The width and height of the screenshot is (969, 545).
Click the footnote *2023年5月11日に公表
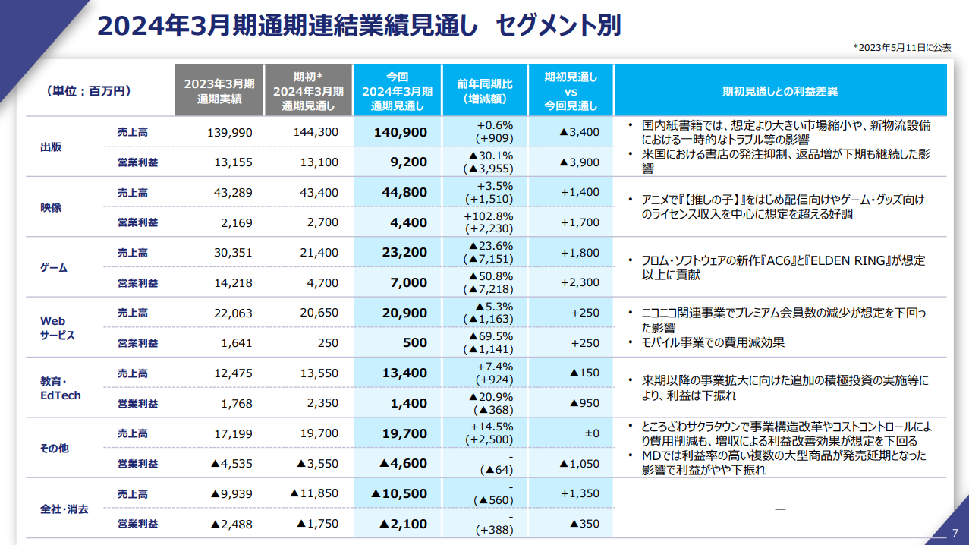coord(901,47)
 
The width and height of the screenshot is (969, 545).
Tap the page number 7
coord(955,531)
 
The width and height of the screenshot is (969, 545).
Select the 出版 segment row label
coord(51,146)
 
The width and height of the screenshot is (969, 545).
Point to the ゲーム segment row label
coord(53,267)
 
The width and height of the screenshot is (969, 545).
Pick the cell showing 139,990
coord(229,132)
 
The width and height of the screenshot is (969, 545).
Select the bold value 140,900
coord(400,132)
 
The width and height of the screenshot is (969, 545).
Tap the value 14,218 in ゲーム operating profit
coord(233,282)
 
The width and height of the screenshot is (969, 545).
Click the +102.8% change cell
coord(488,216)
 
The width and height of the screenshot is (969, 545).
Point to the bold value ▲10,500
coord(398,493)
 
